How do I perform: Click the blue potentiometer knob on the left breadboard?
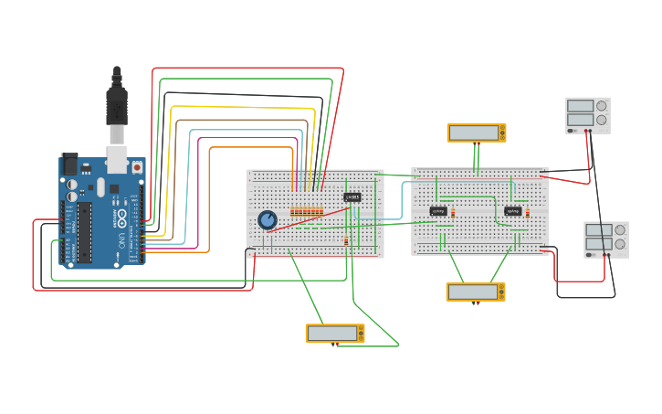pyautogui.click(x=267, y=220)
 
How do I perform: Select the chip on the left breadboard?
pyautogui.click(x=352, y=196)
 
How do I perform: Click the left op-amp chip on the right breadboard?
pyautogui.click(x=438, y=211)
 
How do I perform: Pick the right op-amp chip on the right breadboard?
pyautogui.click(x=513, y=211)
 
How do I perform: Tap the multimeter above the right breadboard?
pyautogui.click(x=476, y=133)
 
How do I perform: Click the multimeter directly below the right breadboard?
pyautogui.click(x=475, y=292)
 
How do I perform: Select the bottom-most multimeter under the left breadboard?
pyautogui.click(x=334, y=334)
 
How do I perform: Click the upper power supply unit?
pyautogui.click(x=587, y=115)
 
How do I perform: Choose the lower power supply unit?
pyautogui.click(x=605, y=239)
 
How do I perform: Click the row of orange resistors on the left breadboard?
pyautogui.click(x=307, y=212)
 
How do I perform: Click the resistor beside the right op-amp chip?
pyautogui.click(x=527, y=212)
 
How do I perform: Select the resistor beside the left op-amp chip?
pyautogui.click(x=453, y=212)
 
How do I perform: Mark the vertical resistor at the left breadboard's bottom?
pyautogui.click(x=346, y=241)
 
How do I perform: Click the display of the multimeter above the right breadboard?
pyautogui.click(x=473, y=133)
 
